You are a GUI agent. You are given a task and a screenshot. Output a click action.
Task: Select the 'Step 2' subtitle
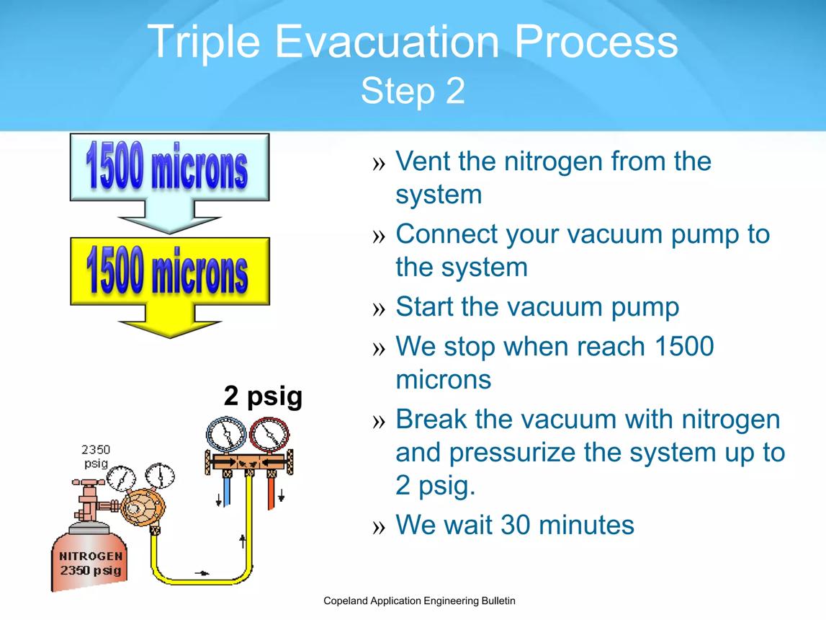pyautogui.click(x=413, y=91)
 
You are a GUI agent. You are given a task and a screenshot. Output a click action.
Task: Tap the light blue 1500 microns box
pyautogui.click(x=169, y=167)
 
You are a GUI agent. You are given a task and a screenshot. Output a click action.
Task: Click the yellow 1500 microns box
pyautogui.click(x=170, y=271)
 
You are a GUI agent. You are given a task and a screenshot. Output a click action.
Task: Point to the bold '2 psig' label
pyautogui.click(x=263, y=396)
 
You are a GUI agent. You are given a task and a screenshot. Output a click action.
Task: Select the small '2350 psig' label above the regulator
pyautogui.click(x=96, y=456)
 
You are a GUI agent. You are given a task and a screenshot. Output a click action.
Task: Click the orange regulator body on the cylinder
pyautogui.click(x=143, y=507)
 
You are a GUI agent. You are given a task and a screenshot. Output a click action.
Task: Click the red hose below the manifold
pyautogui.click(x=271, y=493)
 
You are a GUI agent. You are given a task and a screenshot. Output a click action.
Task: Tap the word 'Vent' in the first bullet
pyautogui.click(x=423, y=161)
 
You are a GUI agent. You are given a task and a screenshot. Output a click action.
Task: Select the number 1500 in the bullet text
pyautogui.click(x=683, y=346)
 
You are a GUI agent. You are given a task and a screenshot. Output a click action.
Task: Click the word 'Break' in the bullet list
pyautogui.click(x=431, y=419)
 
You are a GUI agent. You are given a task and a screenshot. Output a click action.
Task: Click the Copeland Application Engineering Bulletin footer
pyautogui.click(x=419, y=601)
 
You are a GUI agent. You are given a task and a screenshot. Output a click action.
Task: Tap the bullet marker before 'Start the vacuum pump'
pyautogui.click(x=379, y=309)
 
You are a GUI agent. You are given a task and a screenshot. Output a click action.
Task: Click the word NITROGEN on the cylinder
pyautogui.click(x=91, y=556)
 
